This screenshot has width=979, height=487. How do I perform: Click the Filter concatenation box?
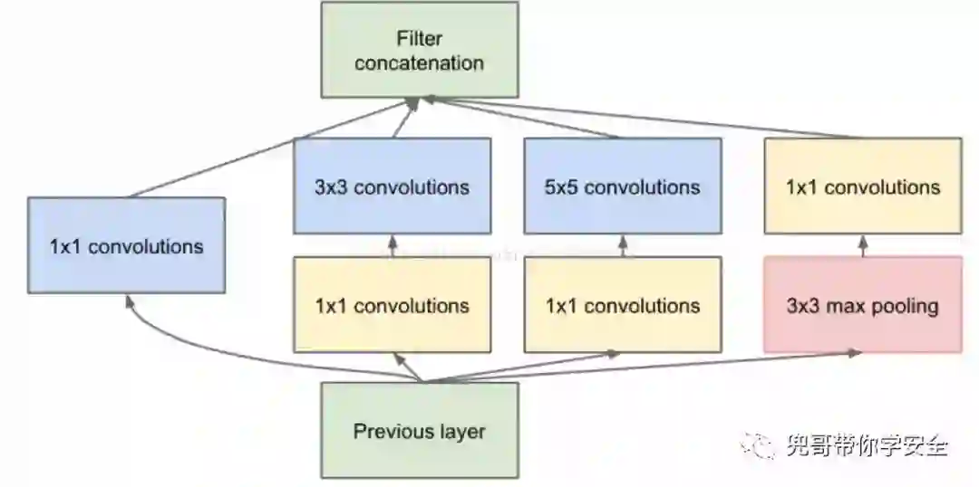pos(420,50)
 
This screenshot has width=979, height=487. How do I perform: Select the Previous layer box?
pos(420,430)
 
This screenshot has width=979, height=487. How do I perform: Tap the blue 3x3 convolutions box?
pos(392,186)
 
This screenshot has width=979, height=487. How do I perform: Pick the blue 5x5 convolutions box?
pos(623,186)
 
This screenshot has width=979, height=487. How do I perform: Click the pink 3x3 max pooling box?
pos(862,304)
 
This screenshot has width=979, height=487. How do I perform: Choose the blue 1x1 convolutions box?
pos(126,245)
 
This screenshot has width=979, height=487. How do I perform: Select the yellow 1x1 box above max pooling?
pos(862,186)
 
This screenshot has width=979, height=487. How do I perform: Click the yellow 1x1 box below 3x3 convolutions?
pos(392,304)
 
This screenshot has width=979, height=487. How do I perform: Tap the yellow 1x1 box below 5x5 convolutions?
pos(623,304)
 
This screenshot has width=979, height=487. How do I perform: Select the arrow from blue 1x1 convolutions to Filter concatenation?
pos(272,149)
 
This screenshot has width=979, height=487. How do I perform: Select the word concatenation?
pos(419,63)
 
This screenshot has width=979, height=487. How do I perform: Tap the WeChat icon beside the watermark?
pos(758,444)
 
